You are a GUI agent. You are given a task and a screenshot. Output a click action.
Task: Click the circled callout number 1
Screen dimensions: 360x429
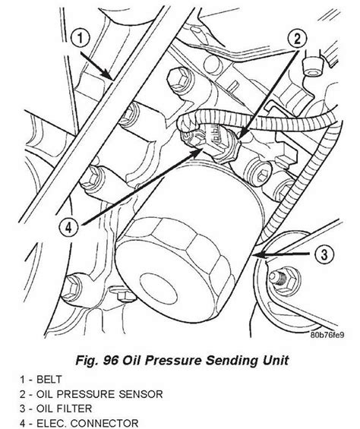pyautogui.click(x=81, y=39)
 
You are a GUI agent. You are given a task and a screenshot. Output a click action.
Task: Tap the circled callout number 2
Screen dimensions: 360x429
pyautogui.click(x=297, y=39)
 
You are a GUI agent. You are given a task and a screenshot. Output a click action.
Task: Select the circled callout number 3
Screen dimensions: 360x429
pyautogui.click(x=324, y=254)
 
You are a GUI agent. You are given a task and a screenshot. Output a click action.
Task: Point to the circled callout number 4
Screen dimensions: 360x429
pyautogui.click(x=68, y=227)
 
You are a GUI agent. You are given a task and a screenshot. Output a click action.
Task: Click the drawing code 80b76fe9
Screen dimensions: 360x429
pyautogui.click(x=327, y=335)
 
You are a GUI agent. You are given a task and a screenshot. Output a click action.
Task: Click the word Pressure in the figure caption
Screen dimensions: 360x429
pyautogui.click(x=174, y=361)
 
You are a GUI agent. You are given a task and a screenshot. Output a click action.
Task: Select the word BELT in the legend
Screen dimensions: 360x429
pyautogui.click(x=49, y=379)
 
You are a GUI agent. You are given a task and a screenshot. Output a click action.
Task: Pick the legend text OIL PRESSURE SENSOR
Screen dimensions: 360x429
pyautogui.click(x=99, y=394)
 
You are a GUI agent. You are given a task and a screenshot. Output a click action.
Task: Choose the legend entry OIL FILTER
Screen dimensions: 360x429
pyautogui.click(x=64, y=408)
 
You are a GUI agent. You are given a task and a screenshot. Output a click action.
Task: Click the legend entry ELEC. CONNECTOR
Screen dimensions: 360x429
pyautogui.click(x=87, y=423)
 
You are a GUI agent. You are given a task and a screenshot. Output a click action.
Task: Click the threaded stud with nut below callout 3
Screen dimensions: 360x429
pyautogui.click(x=282, y=281)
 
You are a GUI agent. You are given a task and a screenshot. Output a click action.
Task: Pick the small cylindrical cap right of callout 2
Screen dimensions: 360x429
pyautogui.click(x=313, y=66)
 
